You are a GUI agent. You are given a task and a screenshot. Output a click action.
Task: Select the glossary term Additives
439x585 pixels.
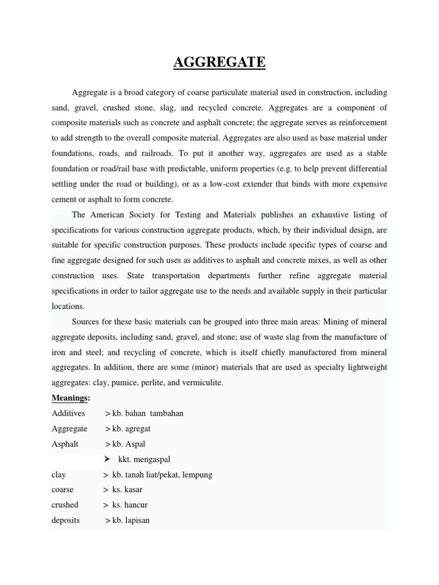(x=68, y=413)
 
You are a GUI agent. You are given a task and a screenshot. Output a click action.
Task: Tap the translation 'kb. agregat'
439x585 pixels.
(x=131, y=428)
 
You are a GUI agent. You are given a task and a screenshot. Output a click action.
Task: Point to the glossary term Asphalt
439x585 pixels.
(x=65, y=444)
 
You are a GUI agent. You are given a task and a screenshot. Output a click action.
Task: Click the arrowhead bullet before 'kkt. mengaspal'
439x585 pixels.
(x=107, y=459)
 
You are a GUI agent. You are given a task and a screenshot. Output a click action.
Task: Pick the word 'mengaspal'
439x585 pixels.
(x=150, y=459)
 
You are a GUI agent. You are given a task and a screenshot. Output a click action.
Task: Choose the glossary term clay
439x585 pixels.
(x=58, y=475)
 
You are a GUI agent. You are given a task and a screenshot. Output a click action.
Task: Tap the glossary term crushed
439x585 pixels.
(x=65, y=505)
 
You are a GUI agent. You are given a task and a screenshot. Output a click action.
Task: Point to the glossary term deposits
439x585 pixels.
(x=66, y=520)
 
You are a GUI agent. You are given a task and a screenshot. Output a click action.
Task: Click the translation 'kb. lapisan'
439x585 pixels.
(x=131, y=520)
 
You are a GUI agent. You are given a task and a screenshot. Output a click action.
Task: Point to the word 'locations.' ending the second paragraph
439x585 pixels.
(x=68, y=306)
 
